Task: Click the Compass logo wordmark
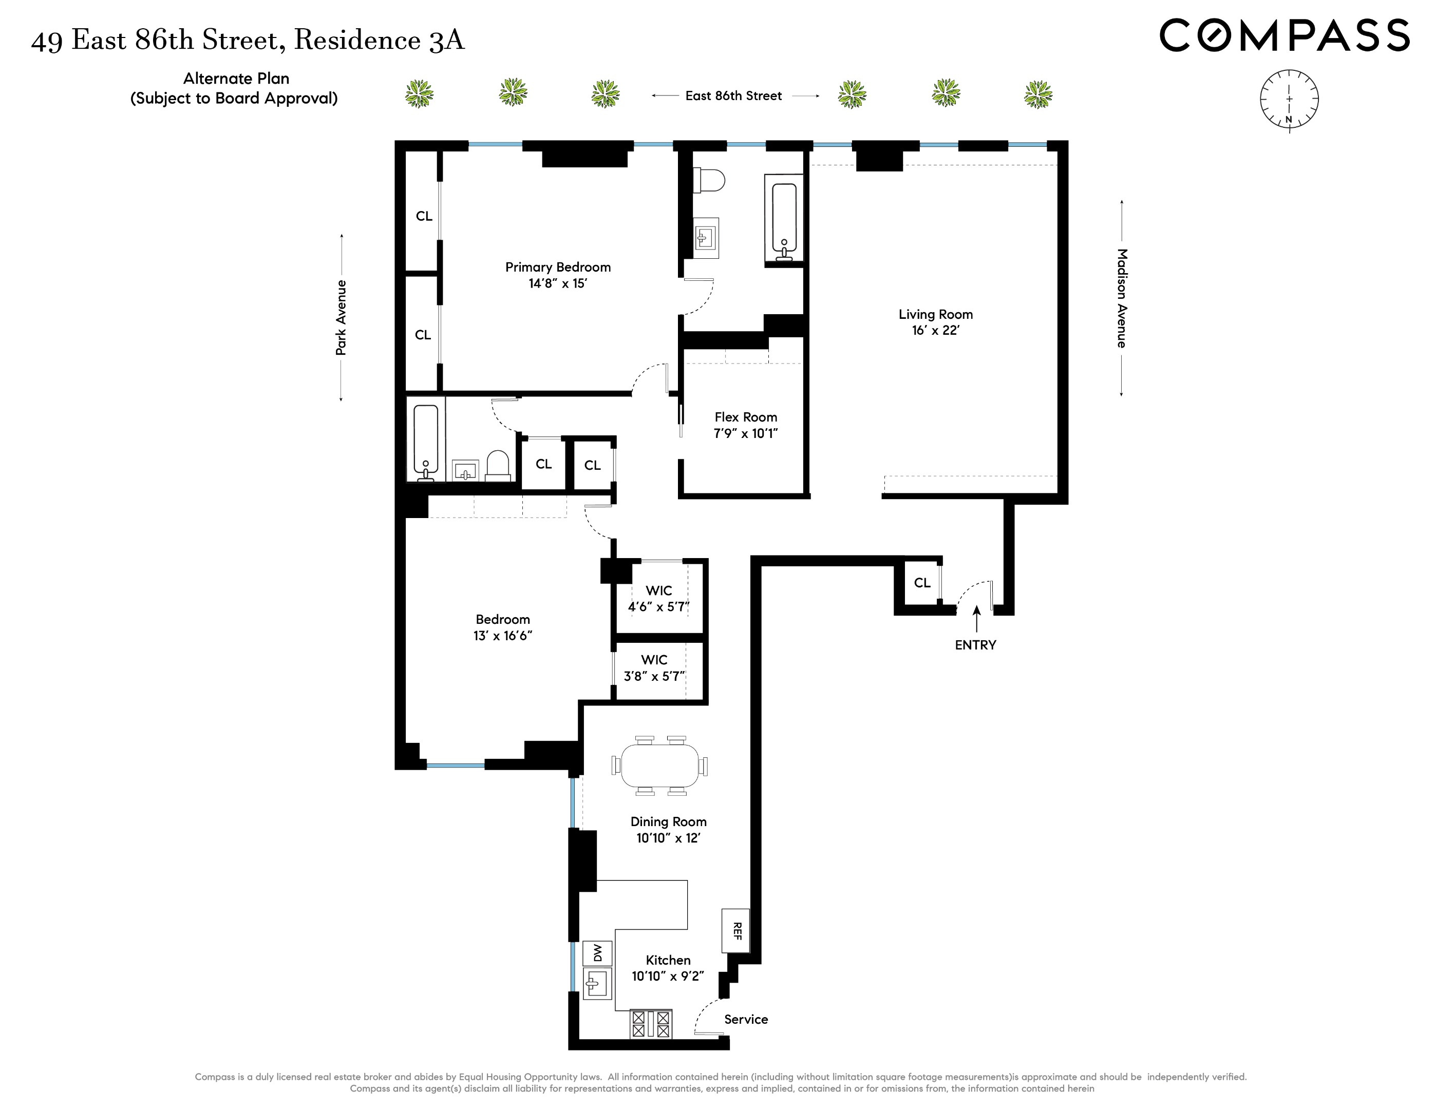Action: click(x=1284, y=35)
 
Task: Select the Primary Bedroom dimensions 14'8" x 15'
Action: click(x=557, y=284)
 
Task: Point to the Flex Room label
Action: click(x=746, y=417)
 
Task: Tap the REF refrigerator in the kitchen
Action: click(x=736, y=930)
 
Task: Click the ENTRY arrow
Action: click(x=976, y=618)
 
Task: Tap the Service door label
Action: click(x=746, y=1020)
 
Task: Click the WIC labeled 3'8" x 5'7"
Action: click(x=654, y=668)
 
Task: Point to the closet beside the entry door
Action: click(x=922, y=583)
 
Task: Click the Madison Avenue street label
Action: click(x=1122, y=298)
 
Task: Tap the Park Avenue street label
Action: click(x=341, y=318)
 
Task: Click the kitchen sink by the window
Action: click(x=597, y=984)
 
